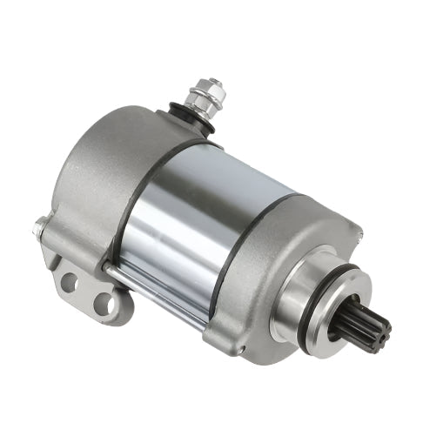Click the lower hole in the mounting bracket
pos(104,304)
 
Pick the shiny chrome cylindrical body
pos(200,218)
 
